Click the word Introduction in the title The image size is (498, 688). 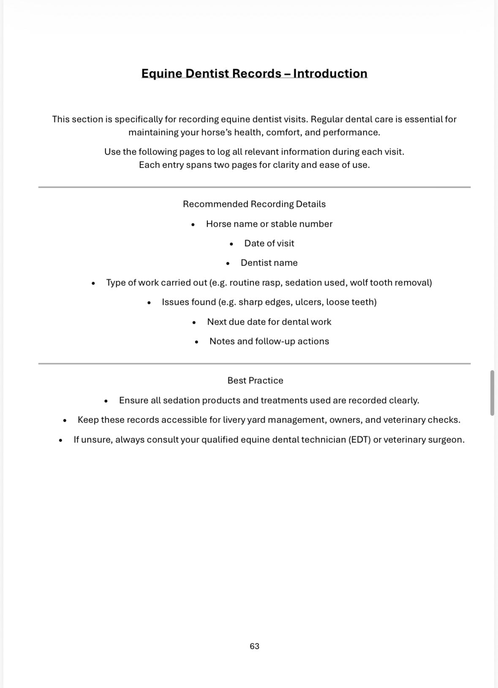(330, 73)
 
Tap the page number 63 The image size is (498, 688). (254, 646)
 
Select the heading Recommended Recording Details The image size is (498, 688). (254, 204)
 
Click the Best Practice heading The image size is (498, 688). (255, 381)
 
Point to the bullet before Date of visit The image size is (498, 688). (231, 244)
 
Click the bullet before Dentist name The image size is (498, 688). (228, 263)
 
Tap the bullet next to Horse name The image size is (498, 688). (193, 225)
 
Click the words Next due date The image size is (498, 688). (230, 322)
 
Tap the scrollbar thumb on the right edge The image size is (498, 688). (492, 393)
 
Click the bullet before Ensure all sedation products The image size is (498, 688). (106, 401)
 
